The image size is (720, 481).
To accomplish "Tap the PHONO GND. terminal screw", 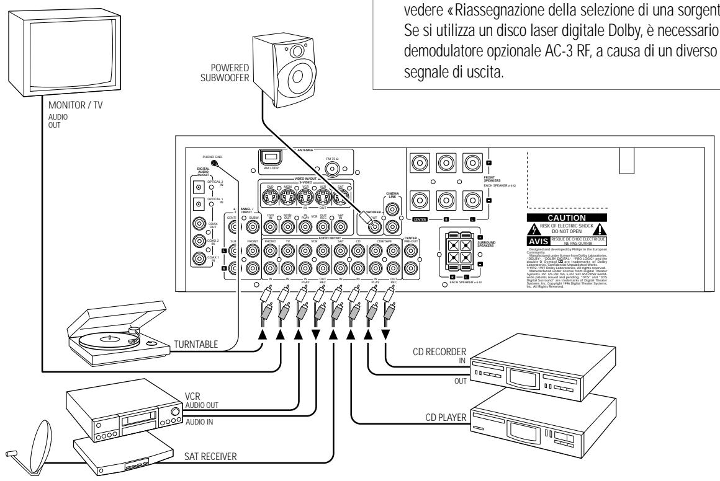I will click(215, 163).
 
